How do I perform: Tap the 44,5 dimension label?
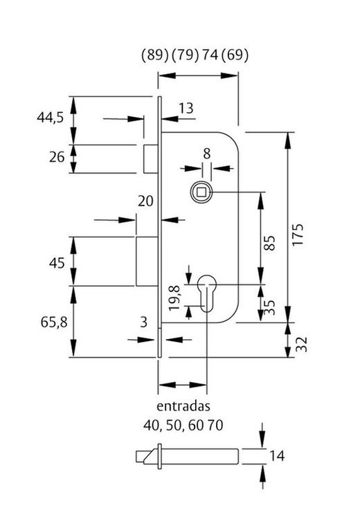click(51, 118)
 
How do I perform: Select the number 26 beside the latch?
click(57, 157)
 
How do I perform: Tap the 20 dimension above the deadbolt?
click(145, 201)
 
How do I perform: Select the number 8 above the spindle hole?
click(206, 153)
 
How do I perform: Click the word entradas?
click(183, 406)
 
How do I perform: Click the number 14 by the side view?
click(277, 455)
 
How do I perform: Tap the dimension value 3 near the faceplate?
click(143, 322)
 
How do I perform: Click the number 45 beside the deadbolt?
click(57, 262)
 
